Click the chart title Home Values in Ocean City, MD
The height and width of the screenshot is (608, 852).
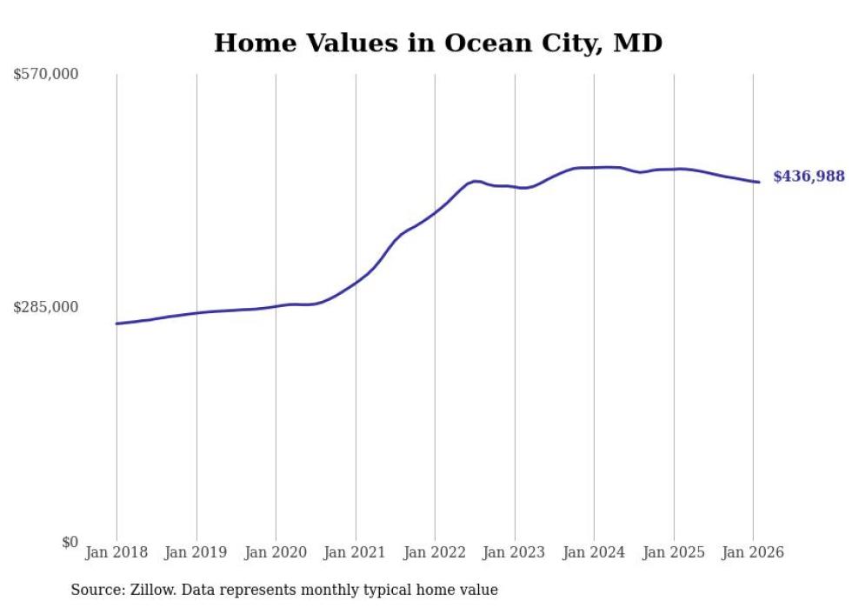tap(438, 43)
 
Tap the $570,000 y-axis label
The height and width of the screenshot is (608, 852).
tap(46, 75)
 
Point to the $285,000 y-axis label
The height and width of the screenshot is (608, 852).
tap(46, 307)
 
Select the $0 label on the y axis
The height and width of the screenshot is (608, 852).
tap(70, 542)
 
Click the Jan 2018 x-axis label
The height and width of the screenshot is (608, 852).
tap(116, 553)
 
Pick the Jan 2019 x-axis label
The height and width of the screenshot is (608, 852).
tap(196, 553)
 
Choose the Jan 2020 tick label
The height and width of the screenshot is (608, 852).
tap(276, 553)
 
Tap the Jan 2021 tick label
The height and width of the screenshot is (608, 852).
tap(356, 553)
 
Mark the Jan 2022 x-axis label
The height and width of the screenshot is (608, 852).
tap(435, 553)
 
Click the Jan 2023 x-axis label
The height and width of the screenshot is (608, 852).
tap(515, 553)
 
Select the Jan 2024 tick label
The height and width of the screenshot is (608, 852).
tap(594, 553)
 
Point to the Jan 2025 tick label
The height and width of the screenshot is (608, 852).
tap(674, 553)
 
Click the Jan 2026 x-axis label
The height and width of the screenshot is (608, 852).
tap(753, 553)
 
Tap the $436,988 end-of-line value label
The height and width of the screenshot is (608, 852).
tap(809, 177)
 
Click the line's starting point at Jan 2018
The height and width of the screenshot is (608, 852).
tap(116, 324)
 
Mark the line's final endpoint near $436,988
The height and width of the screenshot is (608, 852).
tap(759, 182)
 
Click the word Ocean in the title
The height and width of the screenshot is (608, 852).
tap(487, 43)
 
